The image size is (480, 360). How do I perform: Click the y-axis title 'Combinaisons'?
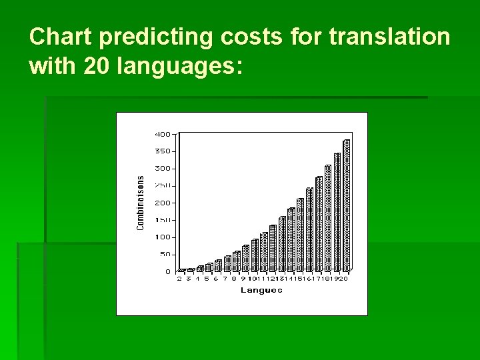(x=141, y=203)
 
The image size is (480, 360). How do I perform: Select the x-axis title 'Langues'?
(x=261, y=290)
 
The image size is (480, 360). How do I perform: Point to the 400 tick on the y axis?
(x=163, y=134)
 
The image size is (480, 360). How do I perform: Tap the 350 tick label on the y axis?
(x=163, y=151)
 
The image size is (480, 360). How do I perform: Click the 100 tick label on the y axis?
(x=163, y=237)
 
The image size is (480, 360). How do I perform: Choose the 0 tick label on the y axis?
(x=167, y=272)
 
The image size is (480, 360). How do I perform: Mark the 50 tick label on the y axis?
(x=164, y=255)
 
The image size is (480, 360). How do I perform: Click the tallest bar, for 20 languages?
(x=347, y=205)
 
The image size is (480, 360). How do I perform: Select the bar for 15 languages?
(x=300, y=235)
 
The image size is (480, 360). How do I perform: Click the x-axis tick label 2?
(x=179, y=279)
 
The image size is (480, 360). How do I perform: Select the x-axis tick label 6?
(x=215, y=279)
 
